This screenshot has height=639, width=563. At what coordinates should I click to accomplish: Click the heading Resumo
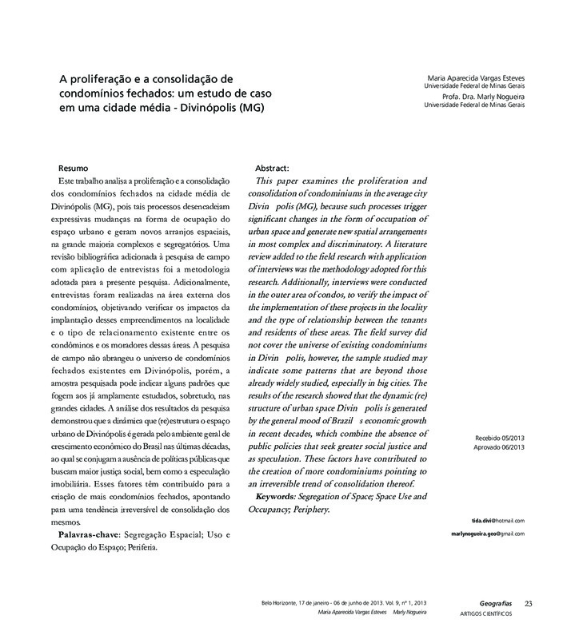coord(74,169)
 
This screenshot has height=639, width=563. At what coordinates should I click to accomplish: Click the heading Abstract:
coord(272,169)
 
